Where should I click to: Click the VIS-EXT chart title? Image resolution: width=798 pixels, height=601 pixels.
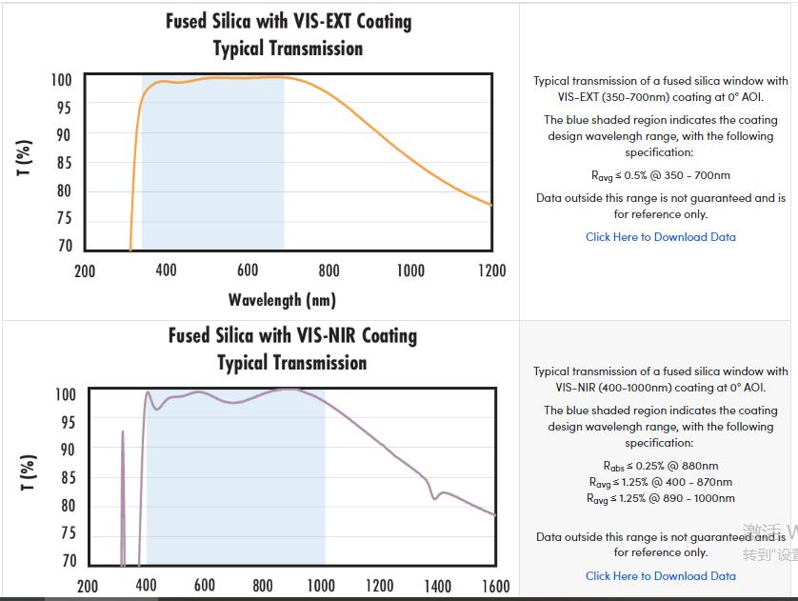click(x=289, y=34)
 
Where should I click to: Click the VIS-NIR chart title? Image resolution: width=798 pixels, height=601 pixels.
click(x=292, y=349)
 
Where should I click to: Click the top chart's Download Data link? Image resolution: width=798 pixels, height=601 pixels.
click(x=660, y=237)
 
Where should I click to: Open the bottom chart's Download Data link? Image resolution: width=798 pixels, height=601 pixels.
click(x=660, y=575)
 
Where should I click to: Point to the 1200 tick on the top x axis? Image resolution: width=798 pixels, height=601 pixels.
click(x=491, y=270)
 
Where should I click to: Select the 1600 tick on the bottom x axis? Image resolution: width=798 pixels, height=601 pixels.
click(x=495, y=585)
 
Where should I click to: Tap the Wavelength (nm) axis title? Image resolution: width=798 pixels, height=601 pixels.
click(x=282, y=300)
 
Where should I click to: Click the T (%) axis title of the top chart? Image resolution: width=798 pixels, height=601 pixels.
click(x=26, y=158)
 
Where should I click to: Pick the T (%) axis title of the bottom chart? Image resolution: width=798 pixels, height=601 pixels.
click(x=29, y=472)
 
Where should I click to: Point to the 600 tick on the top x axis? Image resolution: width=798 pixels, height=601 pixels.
click(x=248, y=270)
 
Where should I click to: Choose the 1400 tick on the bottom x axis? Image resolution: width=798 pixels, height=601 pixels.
click(x=437, y=585)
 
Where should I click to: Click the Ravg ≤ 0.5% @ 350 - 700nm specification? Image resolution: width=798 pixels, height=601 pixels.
click(x=660, y=175)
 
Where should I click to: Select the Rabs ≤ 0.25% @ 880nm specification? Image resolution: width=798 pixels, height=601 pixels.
click(x=660, y=466)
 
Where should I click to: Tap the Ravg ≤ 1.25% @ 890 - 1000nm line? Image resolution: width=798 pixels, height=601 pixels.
click(x=660, y=498)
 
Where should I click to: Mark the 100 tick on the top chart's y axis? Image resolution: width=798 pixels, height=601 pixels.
click(x=62, y=80)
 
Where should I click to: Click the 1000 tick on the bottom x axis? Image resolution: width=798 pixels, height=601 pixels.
click(x=321, y=585)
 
